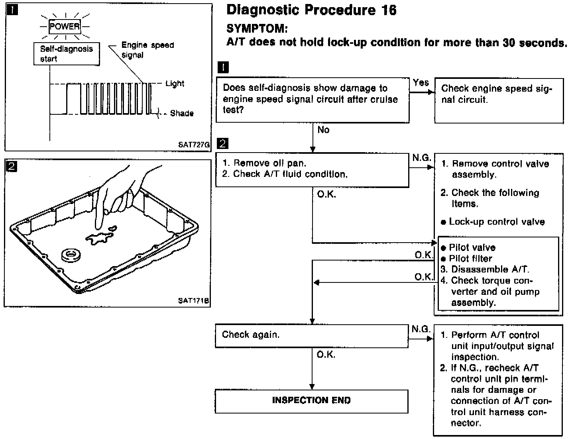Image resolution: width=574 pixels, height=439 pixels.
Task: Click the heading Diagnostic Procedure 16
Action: point(311,10)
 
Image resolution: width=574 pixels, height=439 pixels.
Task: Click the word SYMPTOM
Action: point(257,29)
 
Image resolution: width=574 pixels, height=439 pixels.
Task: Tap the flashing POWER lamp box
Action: point(65,27)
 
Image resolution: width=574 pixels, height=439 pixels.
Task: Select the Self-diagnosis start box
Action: point(67,54)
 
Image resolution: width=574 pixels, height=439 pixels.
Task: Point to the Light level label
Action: point(175,84)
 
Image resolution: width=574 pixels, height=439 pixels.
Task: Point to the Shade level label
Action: point(182,114)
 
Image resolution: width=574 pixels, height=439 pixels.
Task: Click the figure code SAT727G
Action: point(194,145)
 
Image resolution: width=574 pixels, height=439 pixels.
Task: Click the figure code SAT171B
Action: point(194,301)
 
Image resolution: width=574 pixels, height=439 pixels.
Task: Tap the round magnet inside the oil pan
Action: point(71,255)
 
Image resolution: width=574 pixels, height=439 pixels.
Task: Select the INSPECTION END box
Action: point(311,401)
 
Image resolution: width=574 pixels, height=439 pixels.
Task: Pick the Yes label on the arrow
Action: point(421,83)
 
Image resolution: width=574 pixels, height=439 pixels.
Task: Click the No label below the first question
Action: point(324,130)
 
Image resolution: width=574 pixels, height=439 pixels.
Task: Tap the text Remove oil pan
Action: point(269,163)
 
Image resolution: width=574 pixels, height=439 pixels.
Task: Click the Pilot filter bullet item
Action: point(470,259)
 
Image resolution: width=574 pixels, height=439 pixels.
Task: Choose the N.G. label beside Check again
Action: point(421,329)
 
